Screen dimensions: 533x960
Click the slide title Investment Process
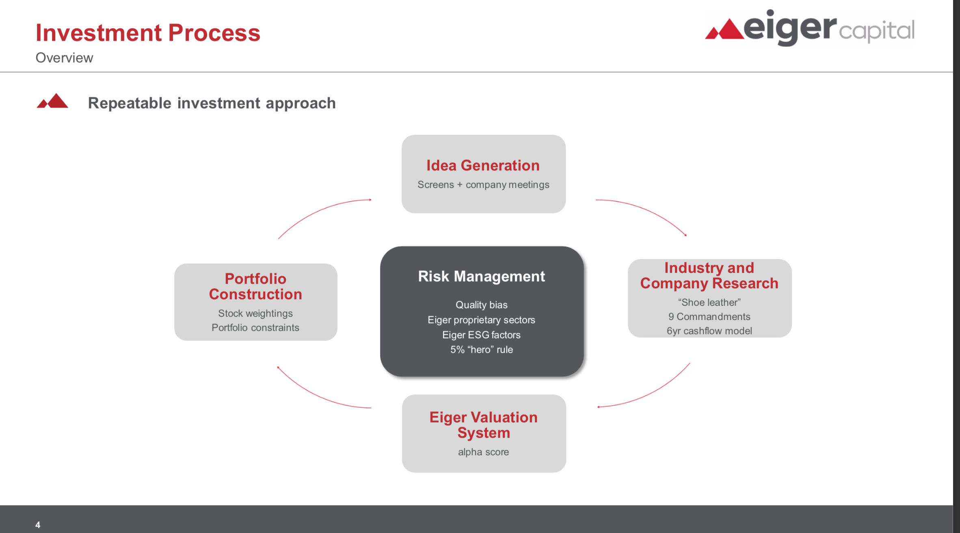148,32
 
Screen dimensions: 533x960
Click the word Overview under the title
64,58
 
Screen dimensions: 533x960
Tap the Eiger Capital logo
809,28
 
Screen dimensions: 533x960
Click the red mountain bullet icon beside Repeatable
52,102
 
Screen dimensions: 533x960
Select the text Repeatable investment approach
212,103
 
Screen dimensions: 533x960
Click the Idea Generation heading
483,165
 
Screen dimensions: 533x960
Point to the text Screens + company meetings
483,185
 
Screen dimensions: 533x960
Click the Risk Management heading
481,276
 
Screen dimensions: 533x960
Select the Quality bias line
481,305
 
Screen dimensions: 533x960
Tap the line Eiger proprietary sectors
481,320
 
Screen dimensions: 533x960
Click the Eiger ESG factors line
481,335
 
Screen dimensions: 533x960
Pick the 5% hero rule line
481,349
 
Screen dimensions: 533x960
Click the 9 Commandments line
709,316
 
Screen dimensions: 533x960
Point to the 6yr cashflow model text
709,331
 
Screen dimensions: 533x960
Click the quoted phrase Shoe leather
709,302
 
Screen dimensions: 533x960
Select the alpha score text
483,452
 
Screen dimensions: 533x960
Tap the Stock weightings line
255,313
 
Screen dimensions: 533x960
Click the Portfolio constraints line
255,327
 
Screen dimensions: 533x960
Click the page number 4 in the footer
38,524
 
